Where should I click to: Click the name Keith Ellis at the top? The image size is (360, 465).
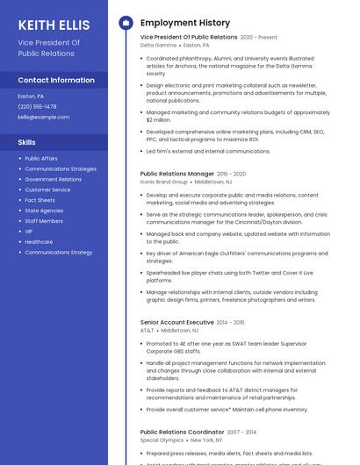[54, 25]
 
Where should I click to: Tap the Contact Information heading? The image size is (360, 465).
[56, 80]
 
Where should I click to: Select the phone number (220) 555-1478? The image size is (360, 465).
[37, 106]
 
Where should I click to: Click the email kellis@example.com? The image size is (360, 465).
[43, 117]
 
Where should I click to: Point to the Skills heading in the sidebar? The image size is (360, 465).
[27, 141]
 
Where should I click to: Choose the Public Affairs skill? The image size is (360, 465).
[41, 159]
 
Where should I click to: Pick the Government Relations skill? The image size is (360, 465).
[53, 179]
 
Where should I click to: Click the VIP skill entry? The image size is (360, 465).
[29, 232]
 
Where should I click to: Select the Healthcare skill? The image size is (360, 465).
[39, 242]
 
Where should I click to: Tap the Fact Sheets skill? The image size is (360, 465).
[40, 200]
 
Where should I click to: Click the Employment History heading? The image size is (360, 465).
[185, 23]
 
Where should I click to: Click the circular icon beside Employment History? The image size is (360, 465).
[126, 23]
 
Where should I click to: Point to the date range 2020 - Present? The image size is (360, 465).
[258, 37]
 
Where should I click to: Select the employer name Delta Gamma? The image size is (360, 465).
[158, 45]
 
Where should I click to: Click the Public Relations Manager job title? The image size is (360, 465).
[176, 174]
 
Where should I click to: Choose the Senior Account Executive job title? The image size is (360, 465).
[176, 322]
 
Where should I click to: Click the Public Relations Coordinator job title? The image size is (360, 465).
[182, 432]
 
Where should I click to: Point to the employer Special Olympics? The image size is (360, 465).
[162, 440]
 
